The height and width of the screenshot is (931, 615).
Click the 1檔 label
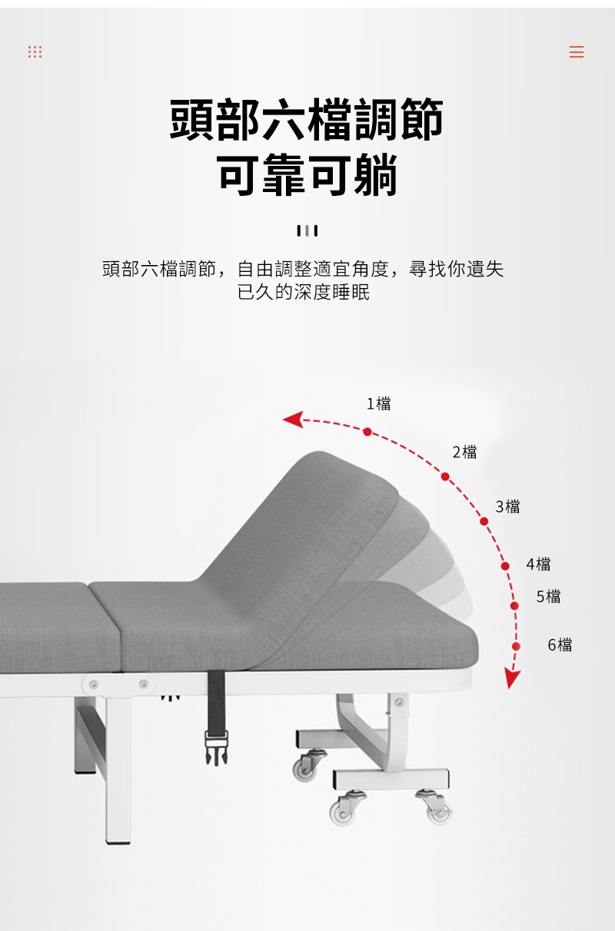(378, 403)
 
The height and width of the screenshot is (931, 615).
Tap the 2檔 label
(464, 452)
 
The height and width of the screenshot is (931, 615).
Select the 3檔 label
(507, 506)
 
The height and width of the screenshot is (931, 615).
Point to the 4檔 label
(538, 564)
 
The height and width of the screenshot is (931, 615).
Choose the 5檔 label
(548, 596)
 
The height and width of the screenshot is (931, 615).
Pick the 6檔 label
(560, 644)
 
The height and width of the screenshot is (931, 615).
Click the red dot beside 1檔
(367, 432)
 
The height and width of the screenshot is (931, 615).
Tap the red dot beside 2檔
(445, 476)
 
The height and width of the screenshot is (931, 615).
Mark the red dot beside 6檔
(516, 646)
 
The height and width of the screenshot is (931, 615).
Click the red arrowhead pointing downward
(512, 678)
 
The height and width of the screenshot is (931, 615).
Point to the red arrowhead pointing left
(292, 419)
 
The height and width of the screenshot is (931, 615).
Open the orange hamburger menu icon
(577, 52)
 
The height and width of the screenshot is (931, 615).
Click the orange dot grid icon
(35, 51)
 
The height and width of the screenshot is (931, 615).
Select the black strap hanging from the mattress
(216, 698)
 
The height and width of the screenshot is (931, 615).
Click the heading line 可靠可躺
(307, 175)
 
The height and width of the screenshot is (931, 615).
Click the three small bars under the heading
(307, 230)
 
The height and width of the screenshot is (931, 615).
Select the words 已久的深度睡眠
(304, 293)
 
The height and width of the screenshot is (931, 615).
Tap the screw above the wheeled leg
(398, 701)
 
